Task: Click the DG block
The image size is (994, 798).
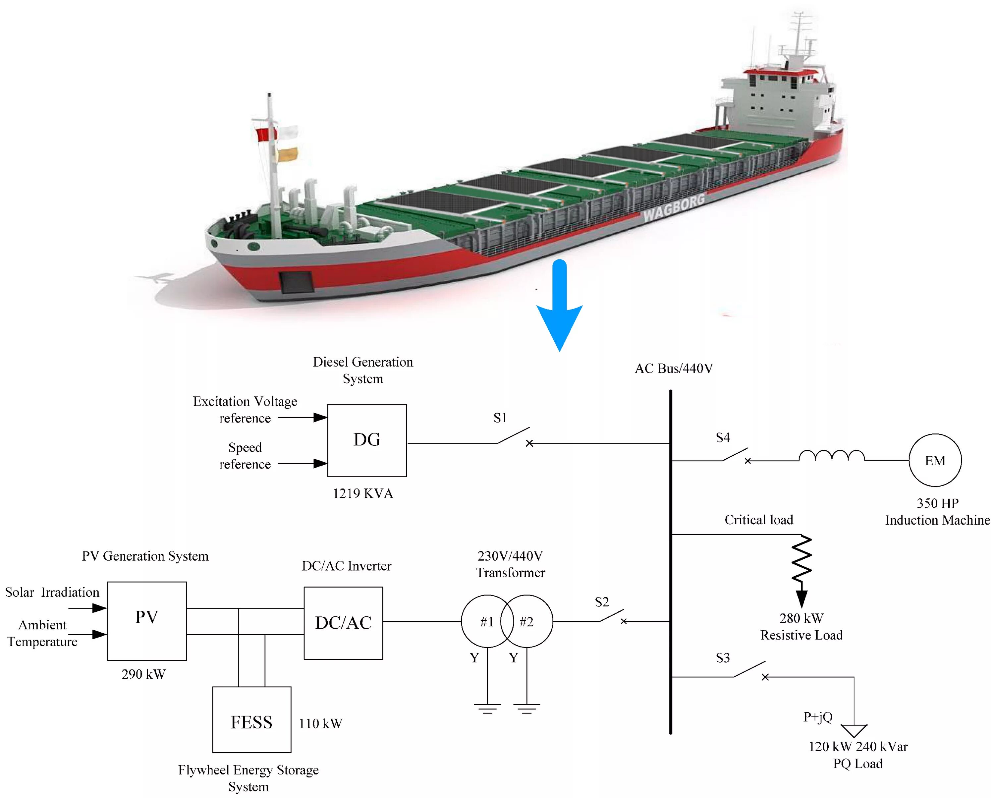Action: click(366, 440)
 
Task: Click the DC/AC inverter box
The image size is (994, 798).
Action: click(343, 622)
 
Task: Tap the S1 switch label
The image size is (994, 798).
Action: click(500, 418)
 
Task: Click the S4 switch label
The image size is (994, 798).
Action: click(722, 437)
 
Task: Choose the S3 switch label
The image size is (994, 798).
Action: click(722, 658)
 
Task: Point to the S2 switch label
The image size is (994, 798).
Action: click(602, 601)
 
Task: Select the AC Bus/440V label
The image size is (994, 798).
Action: click(674, 368)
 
